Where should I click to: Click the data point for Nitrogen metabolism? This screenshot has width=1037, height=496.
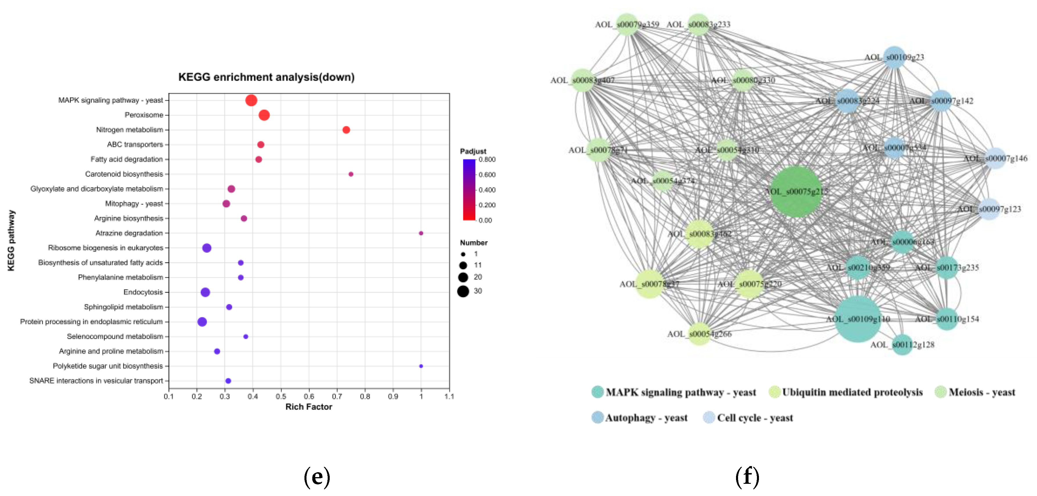[346, 130]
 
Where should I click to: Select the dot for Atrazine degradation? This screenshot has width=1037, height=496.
[421, 233]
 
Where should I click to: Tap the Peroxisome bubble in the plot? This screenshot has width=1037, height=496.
[264, 115]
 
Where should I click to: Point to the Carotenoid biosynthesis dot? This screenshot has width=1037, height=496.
[351, 174]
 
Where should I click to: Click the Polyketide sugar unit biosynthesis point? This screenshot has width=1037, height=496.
[421, 366]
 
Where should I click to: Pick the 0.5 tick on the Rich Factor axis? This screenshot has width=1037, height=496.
[281, 396]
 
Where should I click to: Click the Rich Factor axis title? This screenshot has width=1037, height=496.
[309, 407]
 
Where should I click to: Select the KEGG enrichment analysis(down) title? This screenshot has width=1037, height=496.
[266, 77]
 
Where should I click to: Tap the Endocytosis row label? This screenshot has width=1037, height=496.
[143, 292]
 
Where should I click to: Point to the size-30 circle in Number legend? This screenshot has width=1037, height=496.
[463, 291]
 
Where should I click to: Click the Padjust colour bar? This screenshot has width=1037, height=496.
[469, 189]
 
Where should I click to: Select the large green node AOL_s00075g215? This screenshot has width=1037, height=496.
[796, 192]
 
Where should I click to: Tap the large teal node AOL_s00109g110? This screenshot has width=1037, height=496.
[857, 319]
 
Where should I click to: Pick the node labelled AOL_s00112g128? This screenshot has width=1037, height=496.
[902, 345]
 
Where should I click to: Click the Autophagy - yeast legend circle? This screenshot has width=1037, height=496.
[597, 417]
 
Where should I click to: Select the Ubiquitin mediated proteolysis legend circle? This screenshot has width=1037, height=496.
[774, 392]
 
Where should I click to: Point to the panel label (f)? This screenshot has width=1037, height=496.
[747, 476]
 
